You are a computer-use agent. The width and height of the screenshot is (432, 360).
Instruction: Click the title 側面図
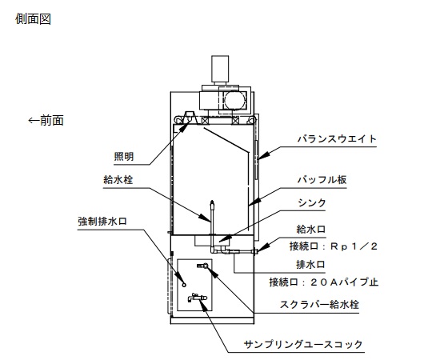pyautogui.click(x=33, y=19)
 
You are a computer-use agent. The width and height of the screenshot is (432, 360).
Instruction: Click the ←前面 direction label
pyautogui.click(x=46, y=120)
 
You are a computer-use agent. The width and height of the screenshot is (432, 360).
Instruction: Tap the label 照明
pyautogui.click(x=124, y=157)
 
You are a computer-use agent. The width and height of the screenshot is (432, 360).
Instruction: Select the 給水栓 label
pyautogui.click(x=118, y=180)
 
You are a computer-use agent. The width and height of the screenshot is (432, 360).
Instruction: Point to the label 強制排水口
pyautogui.click(x=102, y=221)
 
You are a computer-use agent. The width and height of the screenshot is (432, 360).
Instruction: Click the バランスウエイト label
pyautogui.click(x=337, y=139)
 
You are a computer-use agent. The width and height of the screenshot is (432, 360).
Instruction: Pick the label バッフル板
pyautogui.click(x=322, y=180)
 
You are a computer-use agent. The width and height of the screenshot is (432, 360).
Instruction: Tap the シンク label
pyautogui.click(x=312, y=203)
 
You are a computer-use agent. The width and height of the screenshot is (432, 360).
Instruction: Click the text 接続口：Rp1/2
pyautogui.click(x=334, y=246)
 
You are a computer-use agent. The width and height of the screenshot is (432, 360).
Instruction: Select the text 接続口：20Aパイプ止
pyautogui.click(x=324, y=282)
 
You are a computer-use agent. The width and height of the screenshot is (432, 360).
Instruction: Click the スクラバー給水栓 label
pyautogui.click(x=319, y=305)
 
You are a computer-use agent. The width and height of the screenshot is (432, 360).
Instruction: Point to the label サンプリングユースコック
pyautogui.click(x=303, y=344)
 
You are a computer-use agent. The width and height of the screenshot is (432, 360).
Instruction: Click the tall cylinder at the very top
pyautogui.click(x=220, y=69)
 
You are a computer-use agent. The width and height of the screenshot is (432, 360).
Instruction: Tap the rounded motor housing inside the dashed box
pyautogui.click(x=235, y=100)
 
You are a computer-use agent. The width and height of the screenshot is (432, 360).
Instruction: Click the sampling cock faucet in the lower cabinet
pyautogui.click(x=198, y=298)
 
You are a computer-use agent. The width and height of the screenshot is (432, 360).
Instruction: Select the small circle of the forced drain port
pyautogui.click(x=184, y=285)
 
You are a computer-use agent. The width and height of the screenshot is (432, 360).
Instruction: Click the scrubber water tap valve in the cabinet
pyautogui.click(x=203, y=266)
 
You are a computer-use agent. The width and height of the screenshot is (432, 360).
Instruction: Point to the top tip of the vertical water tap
pyautogui.click(x=212, y=201)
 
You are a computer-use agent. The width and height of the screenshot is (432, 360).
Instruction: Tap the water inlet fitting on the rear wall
pyautogui.click(x=255, y=251)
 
